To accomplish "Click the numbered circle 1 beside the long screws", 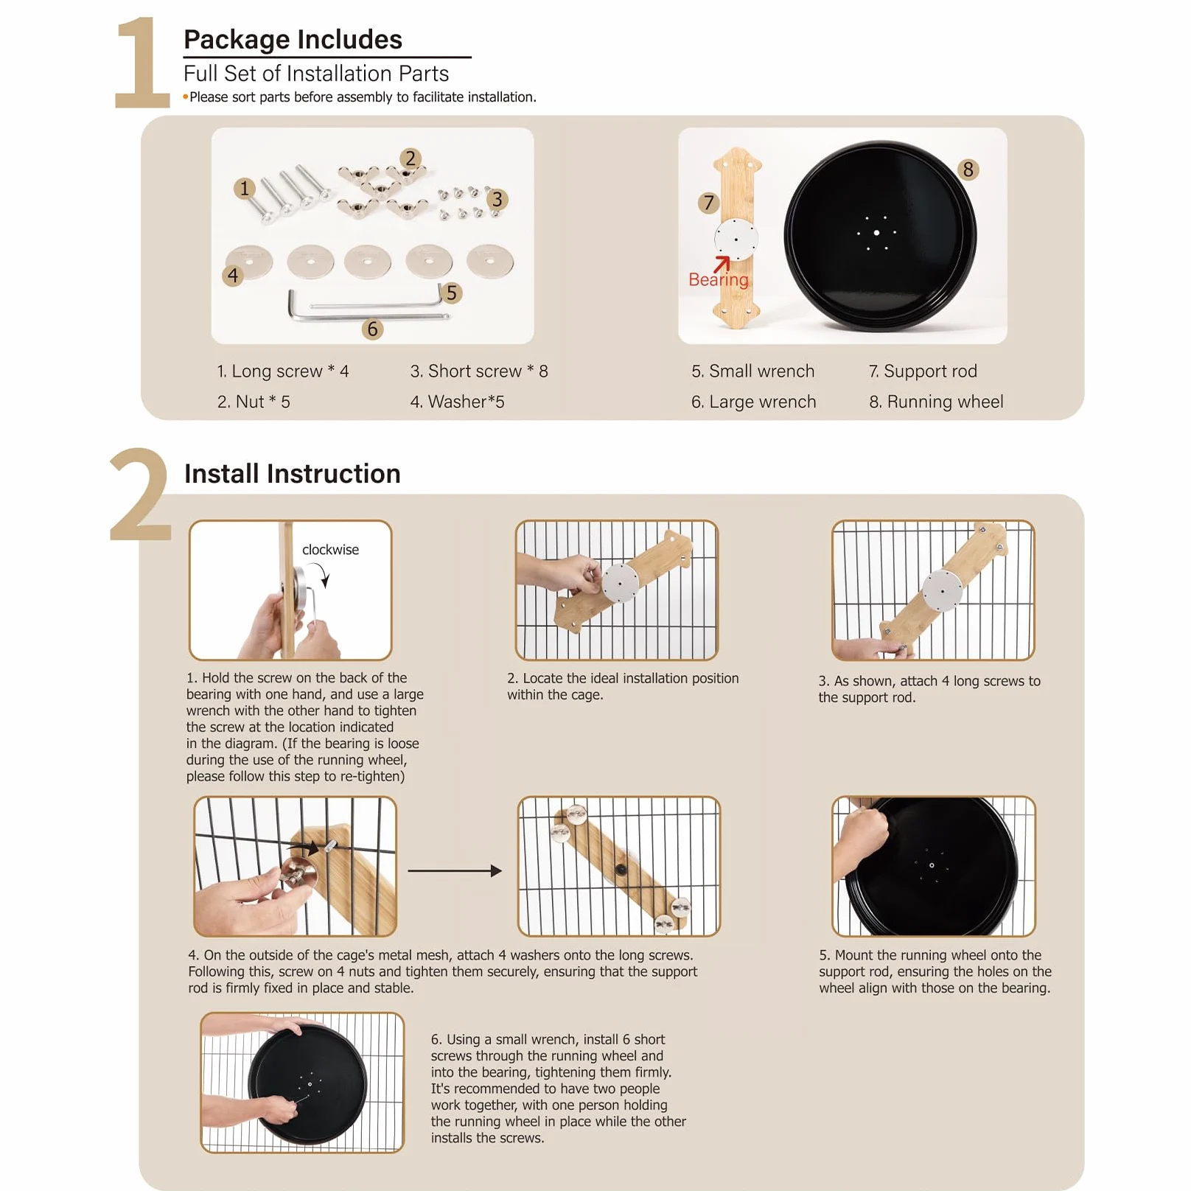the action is coord(245,189).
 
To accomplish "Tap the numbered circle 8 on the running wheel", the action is coord(968,170).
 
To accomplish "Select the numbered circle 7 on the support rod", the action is coord(708,203).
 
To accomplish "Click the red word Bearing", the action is coord(718,279).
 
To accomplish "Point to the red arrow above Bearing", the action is coord(722,264).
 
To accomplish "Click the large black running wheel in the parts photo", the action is coord(880,235).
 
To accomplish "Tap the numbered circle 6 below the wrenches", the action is coord(372,329).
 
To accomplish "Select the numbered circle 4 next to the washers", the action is coord(233,276).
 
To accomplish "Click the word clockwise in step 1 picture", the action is coord(330,550).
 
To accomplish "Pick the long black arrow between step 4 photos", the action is coord(455,870).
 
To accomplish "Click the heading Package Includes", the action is coord(293,39).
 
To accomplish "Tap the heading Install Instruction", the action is coord(293,473).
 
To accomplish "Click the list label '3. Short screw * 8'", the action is coord(479,371).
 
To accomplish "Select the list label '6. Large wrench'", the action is coord(754,402).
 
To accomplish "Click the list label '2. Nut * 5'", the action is coord(254,402).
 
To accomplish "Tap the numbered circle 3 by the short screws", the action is coord(497,199).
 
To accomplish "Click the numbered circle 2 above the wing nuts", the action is coord(411,158).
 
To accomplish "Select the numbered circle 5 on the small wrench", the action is coord(451,293).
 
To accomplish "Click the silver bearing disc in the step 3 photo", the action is coord(943,591).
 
